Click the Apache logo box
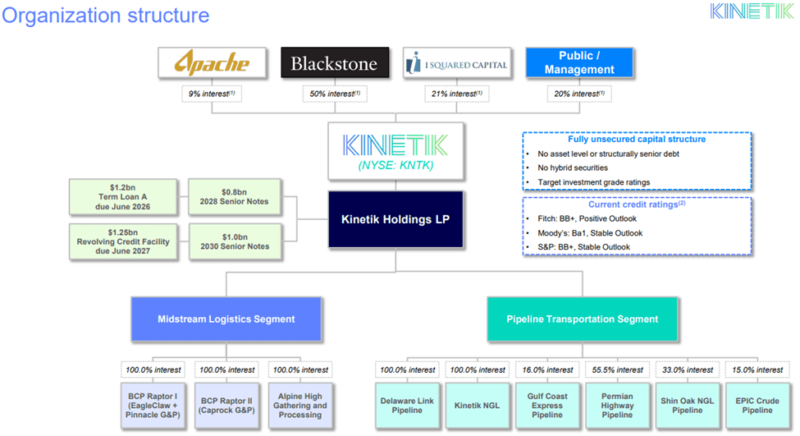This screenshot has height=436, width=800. tap(200, 63)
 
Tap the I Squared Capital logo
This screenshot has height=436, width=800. tap(456, 63)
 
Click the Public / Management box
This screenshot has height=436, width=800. tap(579, 63)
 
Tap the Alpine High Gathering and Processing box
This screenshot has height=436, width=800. tap(300, 405)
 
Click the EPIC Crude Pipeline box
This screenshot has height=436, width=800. tap(758, 405)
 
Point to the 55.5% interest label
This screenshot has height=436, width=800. tap(617, 369)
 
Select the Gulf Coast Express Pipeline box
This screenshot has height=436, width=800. tap(547, 405)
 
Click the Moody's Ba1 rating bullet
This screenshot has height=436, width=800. tap(583, 233)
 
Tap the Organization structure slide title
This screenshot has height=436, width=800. tap(106, 15)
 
